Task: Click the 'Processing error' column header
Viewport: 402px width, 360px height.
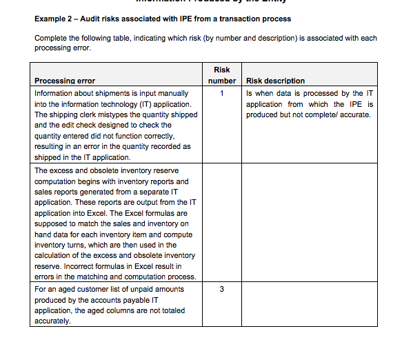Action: coord(65,81)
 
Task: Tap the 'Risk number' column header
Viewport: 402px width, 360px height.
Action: coord(221,75)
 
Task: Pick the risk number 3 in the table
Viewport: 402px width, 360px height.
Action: coord(221,289)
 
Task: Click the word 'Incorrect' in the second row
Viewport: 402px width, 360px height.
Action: coord(83,266)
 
